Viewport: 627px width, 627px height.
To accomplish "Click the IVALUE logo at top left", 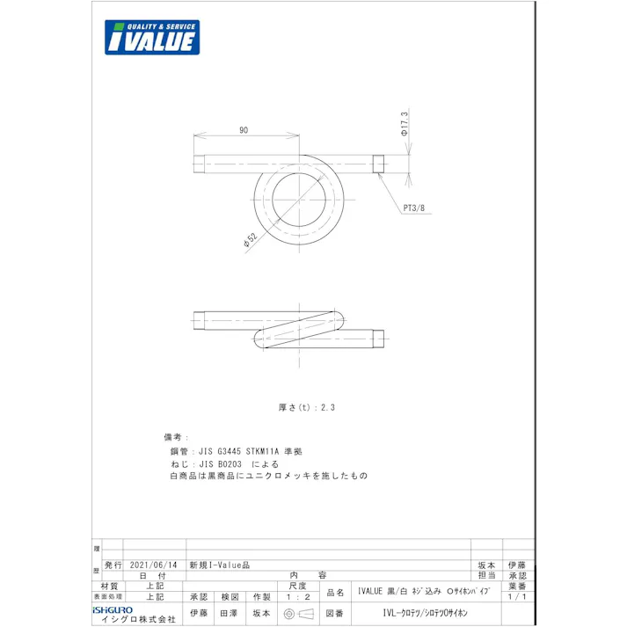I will pyautogui.click(x=151, y=38).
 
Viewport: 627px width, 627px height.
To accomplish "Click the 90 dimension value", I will pyautogui.click(x=243, y=130).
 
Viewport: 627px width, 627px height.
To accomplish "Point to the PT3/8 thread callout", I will pyautogui.click(x=413, y=208).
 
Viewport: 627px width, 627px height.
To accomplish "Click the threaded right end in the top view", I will pyautogui.click(x=378, y=164).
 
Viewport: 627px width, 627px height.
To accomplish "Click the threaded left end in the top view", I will pyautogui.click(x=200, y=164).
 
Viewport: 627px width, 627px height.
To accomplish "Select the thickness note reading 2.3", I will pyautogui.click(x=307, y=407).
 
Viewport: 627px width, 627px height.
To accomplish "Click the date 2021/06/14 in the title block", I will pyautogui.click(x=153, y=565).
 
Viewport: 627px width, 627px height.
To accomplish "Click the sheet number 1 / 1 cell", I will pyautogui.click(x=517, y=596).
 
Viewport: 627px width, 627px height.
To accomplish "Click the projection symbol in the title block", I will pyautogui.click(x=298, y=612).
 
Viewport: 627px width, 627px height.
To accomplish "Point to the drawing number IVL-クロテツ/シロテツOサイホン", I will pyautogui.click(x=426, y=612).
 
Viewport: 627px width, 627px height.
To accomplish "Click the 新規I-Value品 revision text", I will pyautogui.click(x=220, y=565).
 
